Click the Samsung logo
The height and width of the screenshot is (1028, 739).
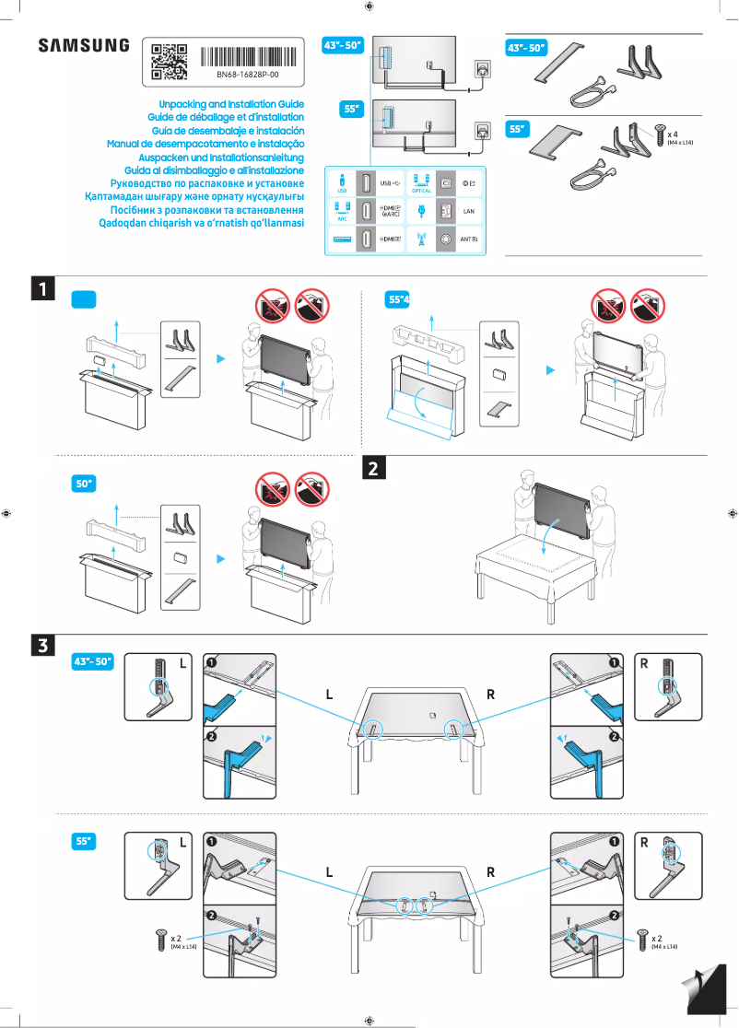[x=83, y=46]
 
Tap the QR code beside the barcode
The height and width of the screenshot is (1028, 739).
[x=169, y=62]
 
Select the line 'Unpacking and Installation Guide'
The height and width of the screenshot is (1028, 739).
[x=231, y=105]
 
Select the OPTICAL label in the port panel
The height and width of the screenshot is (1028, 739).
[x=421, y=191]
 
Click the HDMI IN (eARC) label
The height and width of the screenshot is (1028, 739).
[x=391, y=211]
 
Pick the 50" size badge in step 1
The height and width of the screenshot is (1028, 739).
[x=85, y=483]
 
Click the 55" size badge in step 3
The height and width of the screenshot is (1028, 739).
[x=85, y=841]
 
